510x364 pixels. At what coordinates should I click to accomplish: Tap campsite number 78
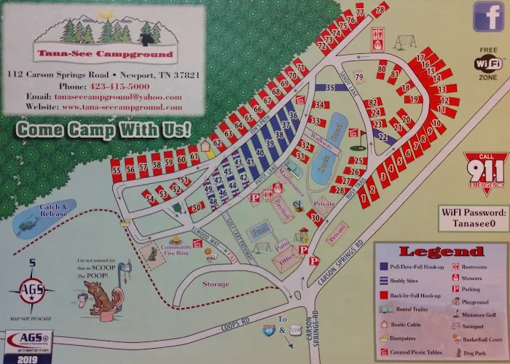tap(379, 9)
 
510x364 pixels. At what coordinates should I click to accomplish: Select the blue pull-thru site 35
tap(329, 88)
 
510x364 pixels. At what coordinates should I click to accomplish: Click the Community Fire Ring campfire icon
tap(175, 240)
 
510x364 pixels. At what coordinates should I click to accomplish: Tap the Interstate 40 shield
tap(269, 330)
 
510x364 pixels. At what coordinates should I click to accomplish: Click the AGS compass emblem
tap(31, 287)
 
